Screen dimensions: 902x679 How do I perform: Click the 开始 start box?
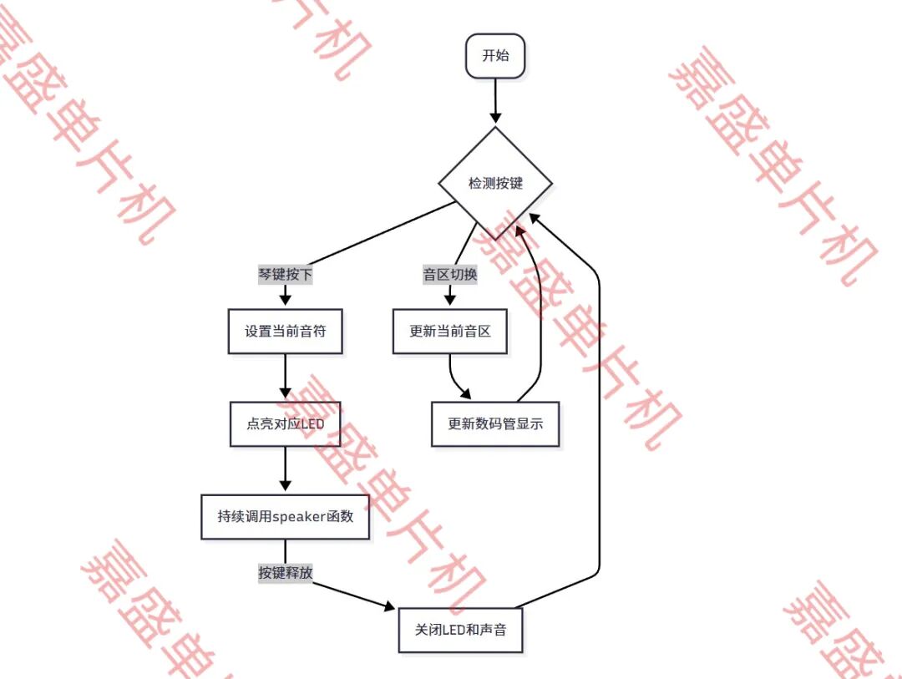point(495,56)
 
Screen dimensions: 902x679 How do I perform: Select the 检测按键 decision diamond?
point(495,184)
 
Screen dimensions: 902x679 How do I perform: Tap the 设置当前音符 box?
point(286,332)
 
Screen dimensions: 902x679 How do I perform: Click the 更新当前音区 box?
point(450,332)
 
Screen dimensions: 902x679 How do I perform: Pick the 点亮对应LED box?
point(286,424)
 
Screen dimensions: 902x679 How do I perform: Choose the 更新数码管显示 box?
point(495,424)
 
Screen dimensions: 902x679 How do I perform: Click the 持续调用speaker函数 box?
point(286,517)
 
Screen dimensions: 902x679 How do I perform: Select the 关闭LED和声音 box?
point(461,630)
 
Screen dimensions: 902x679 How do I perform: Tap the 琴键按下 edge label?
point(286,275)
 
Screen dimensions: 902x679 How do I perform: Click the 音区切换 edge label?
point(450,275)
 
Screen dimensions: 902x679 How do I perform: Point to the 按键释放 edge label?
point(286,573)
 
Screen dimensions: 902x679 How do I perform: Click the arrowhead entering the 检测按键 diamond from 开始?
point(495,118)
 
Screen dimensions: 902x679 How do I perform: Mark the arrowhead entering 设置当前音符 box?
point(286,300)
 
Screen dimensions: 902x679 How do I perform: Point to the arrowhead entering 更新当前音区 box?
point(450,300)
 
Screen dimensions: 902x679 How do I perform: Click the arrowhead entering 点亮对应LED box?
point(286,393)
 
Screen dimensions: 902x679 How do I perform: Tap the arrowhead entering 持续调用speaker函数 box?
point(286,486)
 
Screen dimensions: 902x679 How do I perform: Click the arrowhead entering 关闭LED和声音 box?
point(389,606)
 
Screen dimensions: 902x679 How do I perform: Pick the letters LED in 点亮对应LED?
point(312,424)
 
